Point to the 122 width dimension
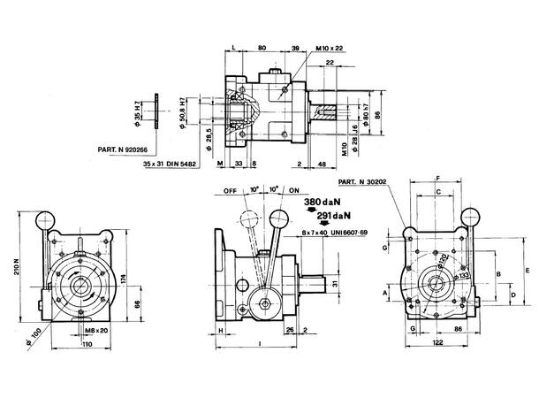point(437,342)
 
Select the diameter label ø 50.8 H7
point(182,112)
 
